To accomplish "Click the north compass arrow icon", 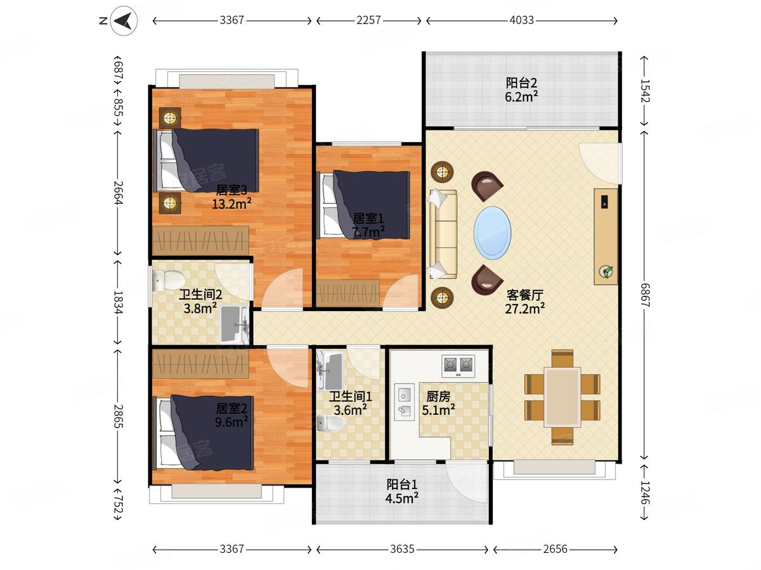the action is (x=124, y=21).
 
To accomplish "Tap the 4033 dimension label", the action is (x=521, y=20).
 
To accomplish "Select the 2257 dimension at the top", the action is (x=368, y=20).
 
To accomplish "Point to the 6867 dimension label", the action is (x=644, y=295).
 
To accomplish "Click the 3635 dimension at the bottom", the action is (x=402, y=549).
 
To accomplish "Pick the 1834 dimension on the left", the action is (x=118, y=302).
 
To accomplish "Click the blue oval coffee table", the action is (x=492, y=232).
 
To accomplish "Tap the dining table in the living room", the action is (x=562, y=397).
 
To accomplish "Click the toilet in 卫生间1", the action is (x=330, y=423).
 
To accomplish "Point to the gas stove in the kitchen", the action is (x=458, y=366).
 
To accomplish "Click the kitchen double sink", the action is (x=404, y=402).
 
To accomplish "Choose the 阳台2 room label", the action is (x=521, y=83).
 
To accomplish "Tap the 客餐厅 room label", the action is (x=524, y=295).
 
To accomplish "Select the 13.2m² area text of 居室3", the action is (x=231, y=204).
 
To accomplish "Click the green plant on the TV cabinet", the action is (x=606, y=272).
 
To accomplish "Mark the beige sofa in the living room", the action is (x=443, y=234).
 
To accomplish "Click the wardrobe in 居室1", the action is (x=348, y=293).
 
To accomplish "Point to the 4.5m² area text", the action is (x=401, y=498).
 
